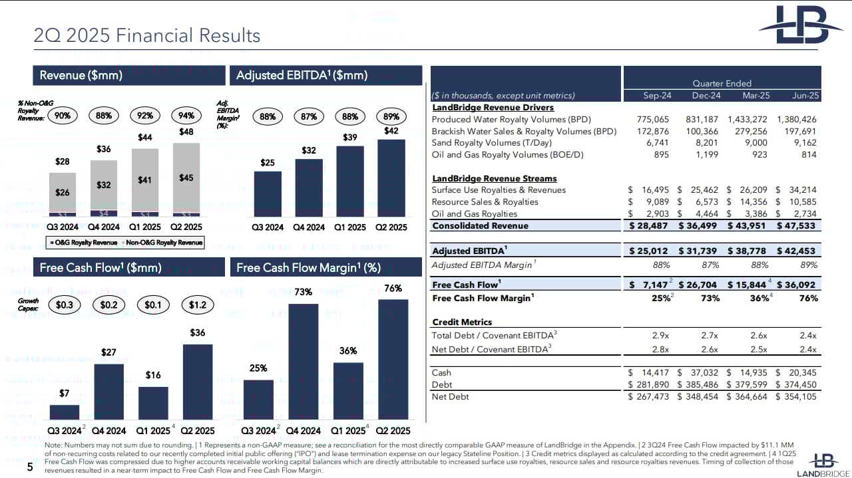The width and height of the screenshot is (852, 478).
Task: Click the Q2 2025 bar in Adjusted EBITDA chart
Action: tap(391, 178)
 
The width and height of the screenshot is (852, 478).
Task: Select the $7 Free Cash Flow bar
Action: tap(64, 412)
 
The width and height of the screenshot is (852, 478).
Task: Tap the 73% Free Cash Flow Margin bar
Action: tap(304, 362)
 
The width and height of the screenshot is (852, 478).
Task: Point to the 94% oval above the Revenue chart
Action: tap(186, 116)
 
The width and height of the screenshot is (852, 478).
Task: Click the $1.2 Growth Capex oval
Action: tap(197, 305)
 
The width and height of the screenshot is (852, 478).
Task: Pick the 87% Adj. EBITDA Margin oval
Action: tap(309, 116)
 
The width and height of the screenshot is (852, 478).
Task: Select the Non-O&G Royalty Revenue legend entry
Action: tap(163, 243)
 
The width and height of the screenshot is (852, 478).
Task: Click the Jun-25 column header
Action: tap(805, 96)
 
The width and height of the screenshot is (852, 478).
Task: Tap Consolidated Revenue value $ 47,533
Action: tap(797, 226)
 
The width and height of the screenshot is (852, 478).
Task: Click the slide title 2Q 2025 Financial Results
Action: tap(147, 35)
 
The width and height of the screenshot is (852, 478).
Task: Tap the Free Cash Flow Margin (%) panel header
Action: tap(308, 267)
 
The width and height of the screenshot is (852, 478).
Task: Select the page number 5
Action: tap(29, 467)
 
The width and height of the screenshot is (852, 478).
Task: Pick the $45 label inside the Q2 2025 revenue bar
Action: tap(186, 178)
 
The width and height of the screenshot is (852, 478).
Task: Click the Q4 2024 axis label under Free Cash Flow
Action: tap(108, 431)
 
